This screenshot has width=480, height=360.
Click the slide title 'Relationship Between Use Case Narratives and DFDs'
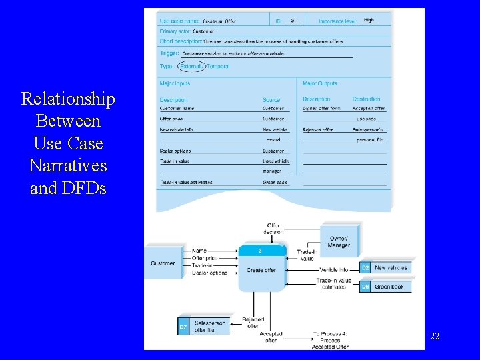[68, 143]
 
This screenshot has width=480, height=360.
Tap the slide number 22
[435, 337]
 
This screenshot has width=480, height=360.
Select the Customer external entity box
[163, 263]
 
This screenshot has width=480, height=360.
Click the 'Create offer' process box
[261, 270]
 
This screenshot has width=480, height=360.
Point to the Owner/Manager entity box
[339, 241]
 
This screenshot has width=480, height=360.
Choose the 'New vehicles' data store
[391, 267]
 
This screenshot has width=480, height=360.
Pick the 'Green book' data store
[389, 287]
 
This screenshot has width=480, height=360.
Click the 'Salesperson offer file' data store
[208, 327]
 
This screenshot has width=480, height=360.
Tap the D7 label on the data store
[183, 327]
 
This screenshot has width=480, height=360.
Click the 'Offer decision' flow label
[273, 229]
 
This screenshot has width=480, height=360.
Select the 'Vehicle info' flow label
[333, 270]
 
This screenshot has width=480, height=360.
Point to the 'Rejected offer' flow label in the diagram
[253, 323]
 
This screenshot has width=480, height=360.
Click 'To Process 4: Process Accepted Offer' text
[330, 340]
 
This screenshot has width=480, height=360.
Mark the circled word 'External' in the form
[191, 66]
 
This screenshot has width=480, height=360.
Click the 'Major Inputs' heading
[175, 83]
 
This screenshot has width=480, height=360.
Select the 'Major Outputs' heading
[319, 83]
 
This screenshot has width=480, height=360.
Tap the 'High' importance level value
[369, 21]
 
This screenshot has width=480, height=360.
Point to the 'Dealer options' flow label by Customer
[209, 273]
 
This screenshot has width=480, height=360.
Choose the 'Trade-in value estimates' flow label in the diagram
[334, 283]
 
